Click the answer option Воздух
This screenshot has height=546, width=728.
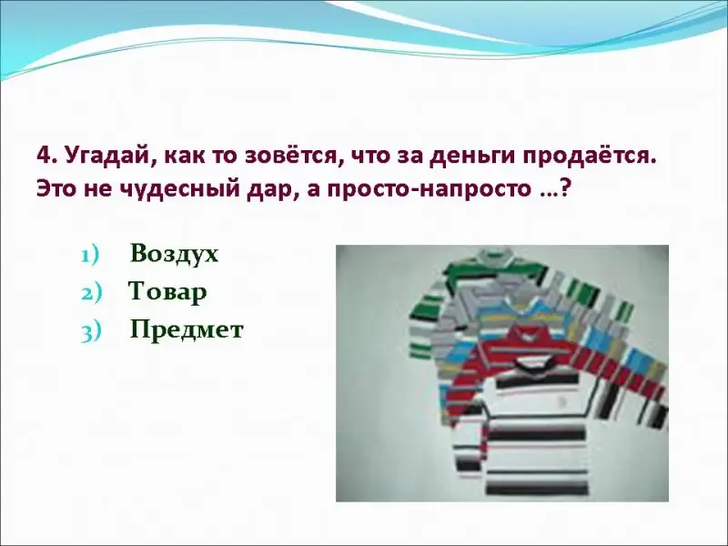(174, 255)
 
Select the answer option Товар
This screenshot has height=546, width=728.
(167, 292)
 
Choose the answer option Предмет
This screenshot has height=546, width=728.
(187, 330)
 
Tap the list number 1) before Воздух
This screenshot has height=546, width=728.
(90, 256)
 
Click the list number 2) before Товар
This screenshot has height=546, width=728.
(91, 294)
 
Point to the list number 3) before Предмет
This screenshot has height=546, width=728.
(91, 332)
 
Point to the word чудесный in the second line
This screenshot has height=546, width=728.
(179, 189)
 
